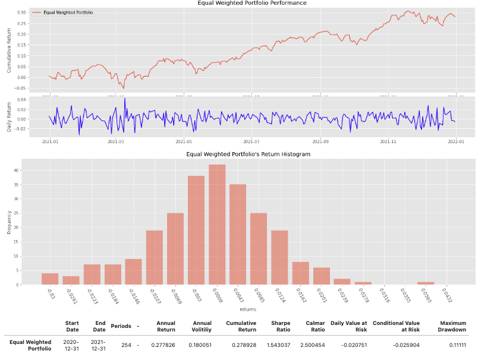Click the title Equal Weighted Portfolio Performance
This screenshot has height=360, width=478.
coord(248,4)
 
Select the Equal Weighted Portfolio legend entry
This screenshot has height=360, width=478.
coord(68,12)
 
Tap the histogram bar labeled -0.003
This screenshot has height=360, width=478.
coord(196,230)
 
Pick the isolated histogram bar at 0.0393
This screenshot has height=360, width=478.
coord(426,283)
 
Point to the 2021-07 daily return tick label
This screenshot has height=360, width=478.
coord(253,141)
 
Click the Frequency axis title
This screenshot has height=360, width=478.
coord(9,221)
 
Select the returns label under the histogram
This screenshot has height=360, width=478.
coord(248,309)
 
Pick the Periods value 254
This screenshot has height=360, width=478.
coord(126,345)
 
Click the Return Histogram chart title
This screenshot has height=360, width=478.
coord(248,154)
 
